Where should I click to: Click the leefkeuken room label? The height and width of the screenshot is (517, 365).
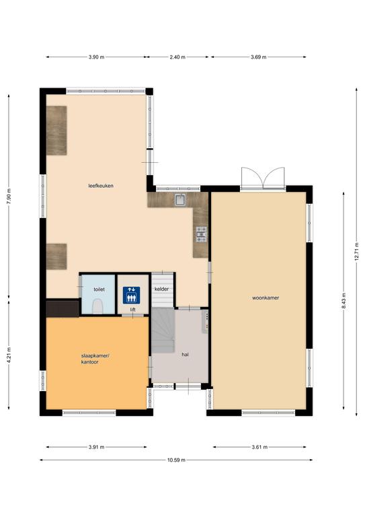(x=101, y=186)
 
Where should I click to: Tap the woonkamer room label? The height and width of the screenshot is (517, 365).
(x=266, y=298)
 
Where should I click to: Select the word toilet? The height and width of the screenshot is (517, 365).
(x=99, y=289)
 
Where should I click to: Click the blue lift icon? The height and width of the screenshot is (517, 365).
(x=132, y=295)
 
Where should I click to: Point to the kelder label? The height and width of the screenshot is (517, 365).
(x=161, y=289)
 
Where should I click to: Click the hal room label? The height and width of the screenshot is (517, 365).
(x=185, y=355)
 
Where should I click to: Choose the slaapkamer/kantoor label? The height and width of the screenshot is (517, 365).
(x=95, y=359)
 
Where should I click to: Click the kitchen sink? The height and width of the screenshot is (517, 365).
(x=180, y=199)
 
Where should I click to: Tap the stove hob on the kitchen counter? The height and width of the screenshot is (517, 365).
(x=201, y=234)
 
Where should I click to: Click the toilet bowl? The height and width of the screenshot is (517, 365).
(x=97, y=307)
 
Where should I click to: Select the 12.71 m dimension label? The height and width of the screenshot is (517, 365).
(x=356, y=252)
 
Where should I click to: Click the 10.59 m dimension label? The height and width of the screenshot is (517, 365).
(x=176, y=460)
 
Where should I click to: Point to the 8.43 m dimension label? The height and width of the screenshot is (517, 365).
(x=343, y=301)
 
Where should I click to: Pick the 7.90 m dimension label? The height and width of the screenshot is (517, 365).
(x=9, y=197)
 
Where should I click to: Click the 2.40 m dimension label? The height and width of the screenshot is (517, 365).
(x=177, y=57)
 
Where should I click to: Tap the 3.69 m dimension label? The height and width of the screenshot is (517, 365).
(x=259, y=57)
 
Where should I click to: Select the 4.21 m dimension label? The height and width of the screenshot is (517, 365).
(x=9, y=355)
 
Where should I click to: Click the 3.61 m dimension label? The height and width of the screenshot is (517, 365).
(x=259, y=447)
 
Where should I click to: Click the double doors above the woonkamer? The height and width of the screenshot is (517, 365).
(x=263, y=178)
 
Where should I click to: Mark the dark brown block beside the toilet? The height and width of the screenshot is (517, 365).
(x=63, y=308)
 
